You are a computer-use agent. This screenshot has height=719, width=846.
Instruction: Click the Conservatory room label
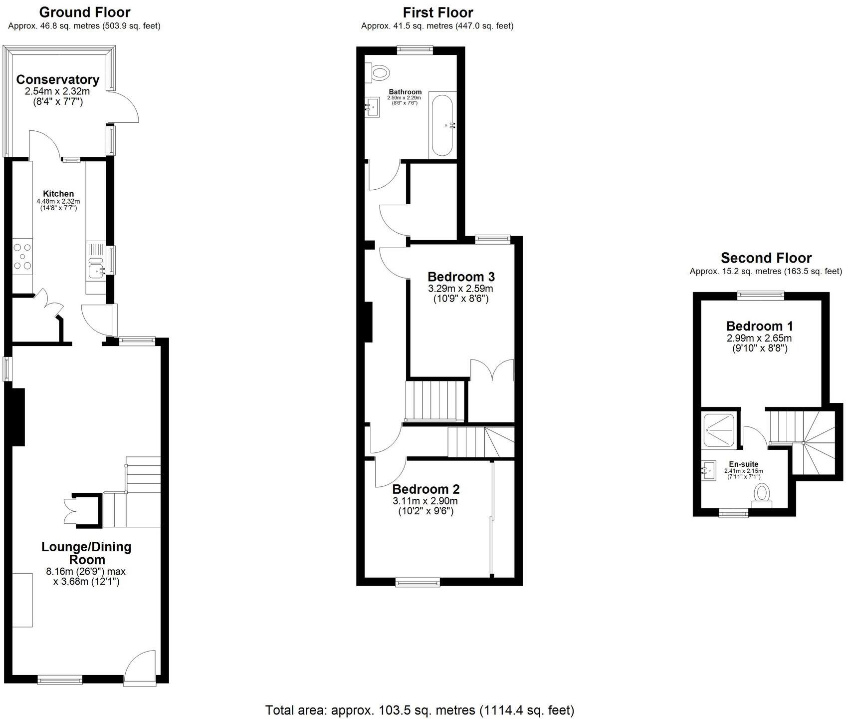57,79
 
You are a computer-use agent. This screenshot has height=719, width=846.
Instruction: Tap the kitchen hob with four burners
22,256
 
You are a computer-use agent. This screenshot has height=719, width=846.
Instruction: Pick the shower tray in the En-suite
718,431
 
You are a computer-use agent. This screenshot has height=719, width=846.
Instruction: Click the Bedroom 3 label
461,277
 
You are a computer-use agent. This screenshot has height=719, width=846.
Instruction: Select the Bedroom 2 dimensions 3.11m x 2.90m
425,501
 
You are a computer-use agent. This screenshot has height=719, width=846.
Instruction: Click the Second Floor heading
766,258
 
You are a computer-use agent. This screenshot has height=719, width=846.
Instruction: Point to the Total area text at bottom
420,710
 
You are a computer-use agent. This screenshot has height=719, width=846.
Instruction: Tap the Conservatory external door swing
123,107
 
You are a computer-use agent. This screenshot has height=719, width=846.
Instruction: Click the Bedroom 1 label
759,326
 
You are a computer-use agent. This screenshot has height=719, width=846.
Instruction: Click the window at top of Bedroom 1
760,295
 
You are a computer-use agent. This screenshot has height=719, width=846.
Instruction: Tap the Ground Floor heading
85,12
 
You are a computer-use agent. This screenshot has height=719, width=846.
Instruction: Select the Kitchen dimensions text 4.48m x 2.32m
58,201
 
